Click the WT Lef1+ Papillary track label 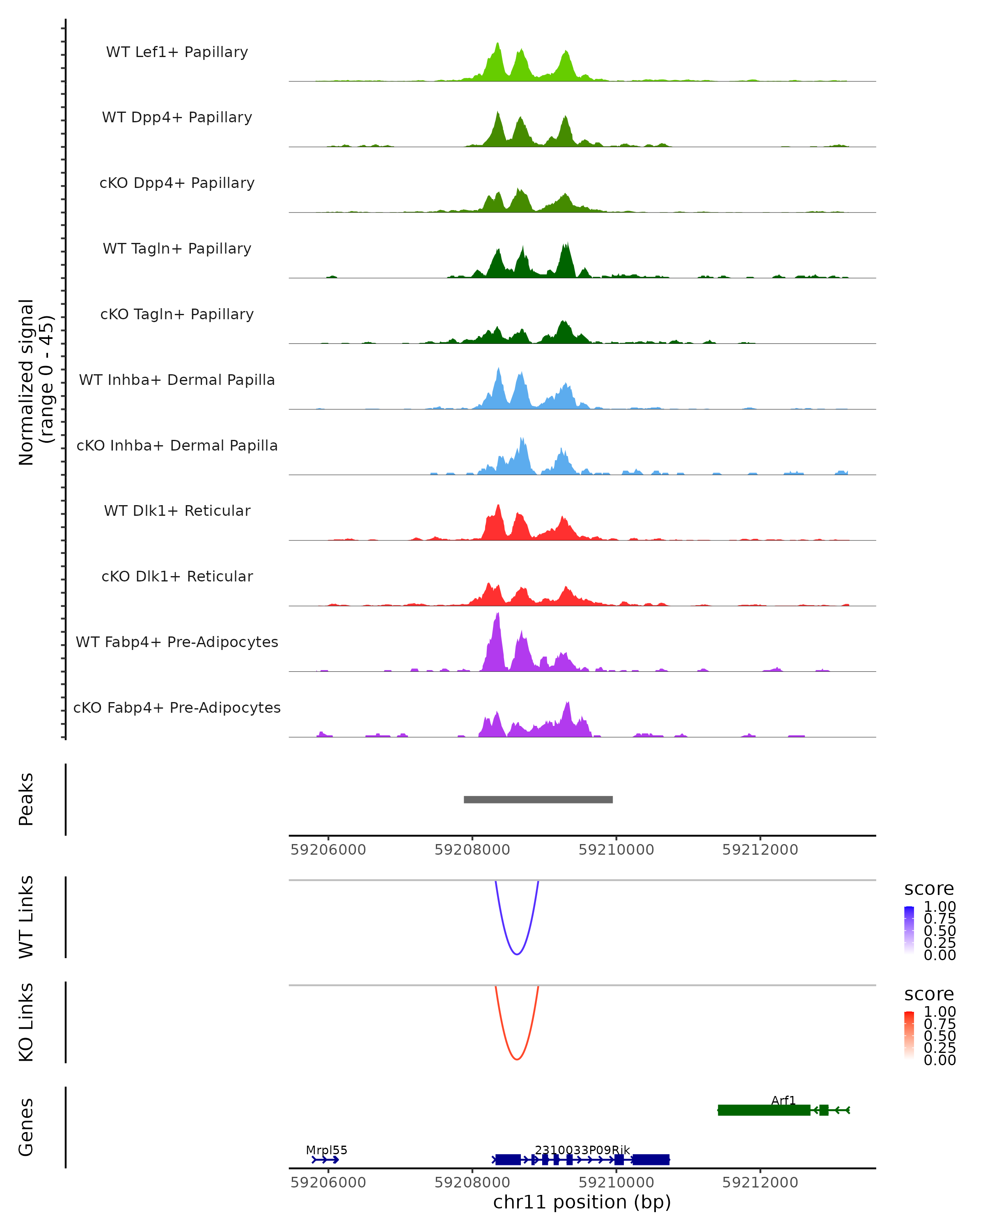[177, 52]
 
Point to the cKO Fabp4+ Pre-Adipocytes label [177, 707]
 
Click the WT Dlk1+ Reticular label [177, 510]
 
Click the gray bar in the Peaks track [538, 799]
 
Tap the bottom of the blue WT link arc [516, 954]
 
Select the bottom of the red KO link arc [516, 1059]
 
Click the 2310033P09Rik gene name [582, 1150]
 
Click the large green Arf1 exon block [763, 1110]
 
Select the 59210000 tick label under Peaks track [616, 850]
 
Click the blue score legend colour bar [909, 930]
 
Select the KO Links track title [26, 1022]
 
